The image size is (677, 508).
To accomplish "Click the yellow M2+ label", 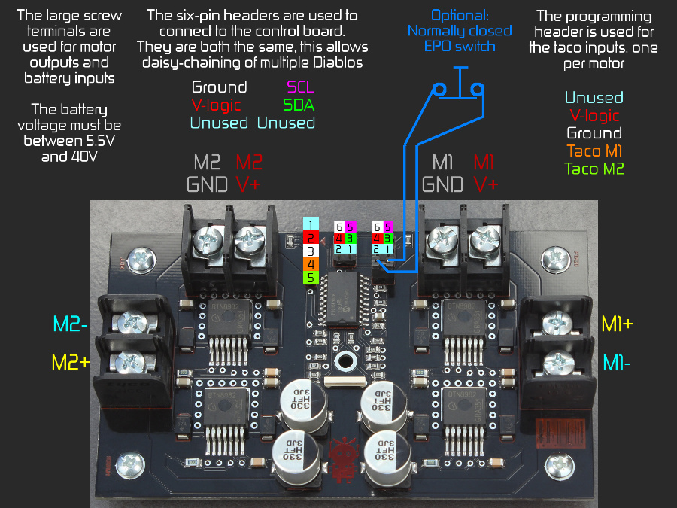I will tap(71, 362).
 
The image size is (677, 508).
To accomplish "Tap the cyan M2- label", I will tap(71, 324).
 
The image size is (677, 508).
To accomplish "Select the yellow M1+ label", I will tap(617, 324).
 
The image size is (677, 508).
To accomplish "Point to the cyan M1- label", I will tap(617, 362).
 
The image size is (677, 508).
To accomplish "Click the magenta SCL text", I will tap(301, 88).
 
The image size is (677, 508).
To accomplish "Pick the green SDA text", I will tap(299, 105).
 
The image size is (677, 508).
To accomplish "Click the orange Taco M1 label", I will tap(594, 151).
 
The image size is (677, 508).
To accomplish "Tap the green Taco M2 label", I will tap(594, 169).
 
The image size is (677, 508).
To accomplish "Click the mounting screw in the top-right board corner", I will tap(557, 260).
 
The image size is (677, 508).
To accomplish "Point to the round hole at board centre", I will tap(346, 360).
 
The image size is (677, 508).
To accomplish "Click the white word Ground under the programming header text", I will tap(594, 133).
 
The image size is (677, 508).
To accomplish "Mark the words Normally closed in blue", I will tap(459, 31).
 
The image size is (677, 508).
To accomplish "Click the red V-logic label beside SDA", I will tap(219, 105).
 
